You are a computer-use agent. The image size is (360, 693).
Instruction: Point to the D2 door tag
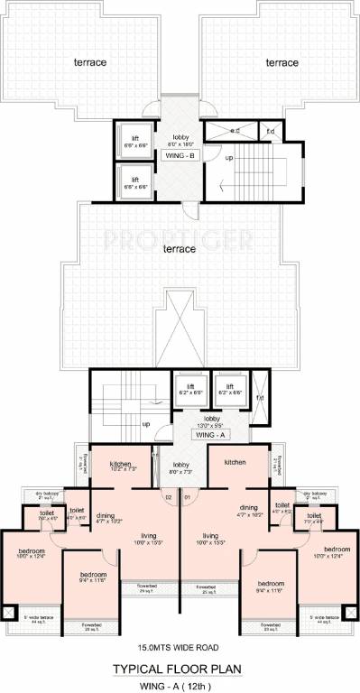[x=167, y=496]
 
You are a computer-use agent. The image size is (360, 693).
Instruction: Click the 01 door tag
[x=188, y=496]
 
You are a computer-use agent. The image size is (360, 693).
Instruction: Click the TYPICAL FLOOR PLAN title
[x=180, y=670]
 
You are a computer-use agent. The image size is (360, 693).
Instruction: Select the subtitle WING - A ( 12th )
[x=180, y=683]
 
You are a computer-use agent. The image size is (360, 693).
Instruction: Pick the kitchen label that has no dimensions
[x=234, y=463]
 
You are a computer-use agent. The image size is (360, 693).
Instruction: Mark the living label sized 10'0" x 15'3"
[x=211, y=538]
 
